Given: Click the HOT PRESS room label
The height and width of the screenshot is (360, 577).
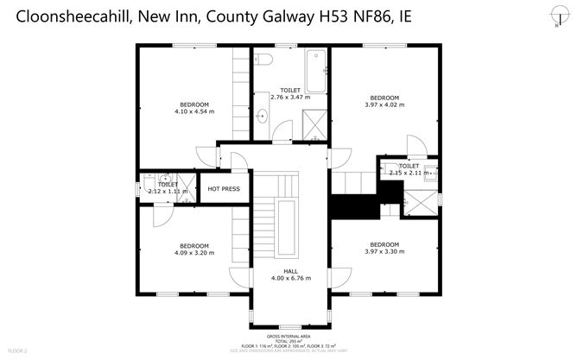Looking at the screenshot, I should [x=223, y=188].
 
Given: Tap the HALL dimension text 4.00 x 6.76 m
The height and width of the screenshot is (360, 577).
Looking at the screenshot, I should [x=289, y=278].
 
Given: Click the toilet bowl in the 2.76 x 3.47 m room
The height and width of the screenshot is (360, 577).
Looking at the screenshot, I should [x=263, y=59].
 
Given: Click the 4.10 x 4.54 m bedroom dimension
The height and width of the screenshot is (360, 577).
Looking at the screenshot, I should [x=193, y=111].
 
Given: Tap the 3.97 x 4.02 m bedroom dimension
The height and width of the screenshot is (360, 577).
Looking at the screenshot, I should [x=384, y=104].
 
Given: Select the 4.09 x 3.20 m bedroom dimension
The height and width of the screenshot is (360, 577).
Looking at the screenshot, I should [x=193, y=253].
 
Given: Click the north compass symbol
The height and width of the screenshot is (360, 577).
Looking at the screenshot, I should [x=554, y=15].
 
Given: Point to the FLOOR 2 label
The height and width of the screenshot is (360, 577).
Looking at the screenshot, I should [x=17, y=351].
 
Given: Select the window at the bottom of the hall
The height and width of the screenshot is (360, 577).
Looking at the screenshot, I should [x=289, y=324].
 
